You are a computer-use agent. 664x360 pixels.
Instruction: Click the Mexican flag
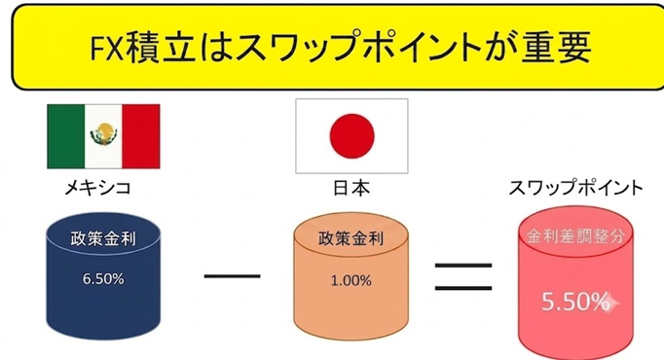point(103,136)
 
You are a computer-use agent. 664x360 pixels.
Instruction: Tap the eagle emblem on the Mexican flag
point(104,134)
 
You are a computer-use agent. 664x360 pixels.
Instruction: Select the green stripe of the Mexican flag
point(65,136)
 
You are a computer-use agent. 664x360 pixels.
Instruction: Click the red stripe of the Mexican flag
point(141,136)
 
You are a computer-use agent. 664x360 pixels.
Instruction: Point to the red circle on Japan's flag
point(351,136)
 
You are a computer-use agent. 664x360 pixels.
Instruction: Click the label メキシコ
point(97,188)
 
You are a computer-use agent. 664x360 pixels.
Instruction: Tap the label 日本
point(351,188)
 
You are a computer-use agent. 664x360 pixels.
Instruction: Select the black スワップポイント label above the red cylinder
point(575,188)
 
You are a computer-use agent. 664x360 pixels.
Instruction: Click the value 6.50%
point(103,279)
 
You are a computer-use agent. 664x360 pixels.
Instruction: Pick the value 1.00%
point(351,280)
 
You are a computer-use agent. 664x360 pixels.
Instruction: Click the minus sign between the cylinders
point(232,276)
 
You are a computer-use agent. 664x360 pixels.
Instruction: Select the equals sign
point(463,277)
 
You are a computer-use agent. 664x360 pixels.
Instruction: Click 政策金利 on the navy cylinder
point(103,239)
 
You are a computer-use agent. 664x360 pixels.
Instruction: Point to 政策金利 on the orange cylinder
point(351,239)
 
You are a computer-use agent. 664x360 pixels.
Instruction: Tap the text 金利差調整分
point(575,236)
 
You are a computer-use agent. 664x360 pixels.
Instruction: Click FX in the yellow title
point(107,48)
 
